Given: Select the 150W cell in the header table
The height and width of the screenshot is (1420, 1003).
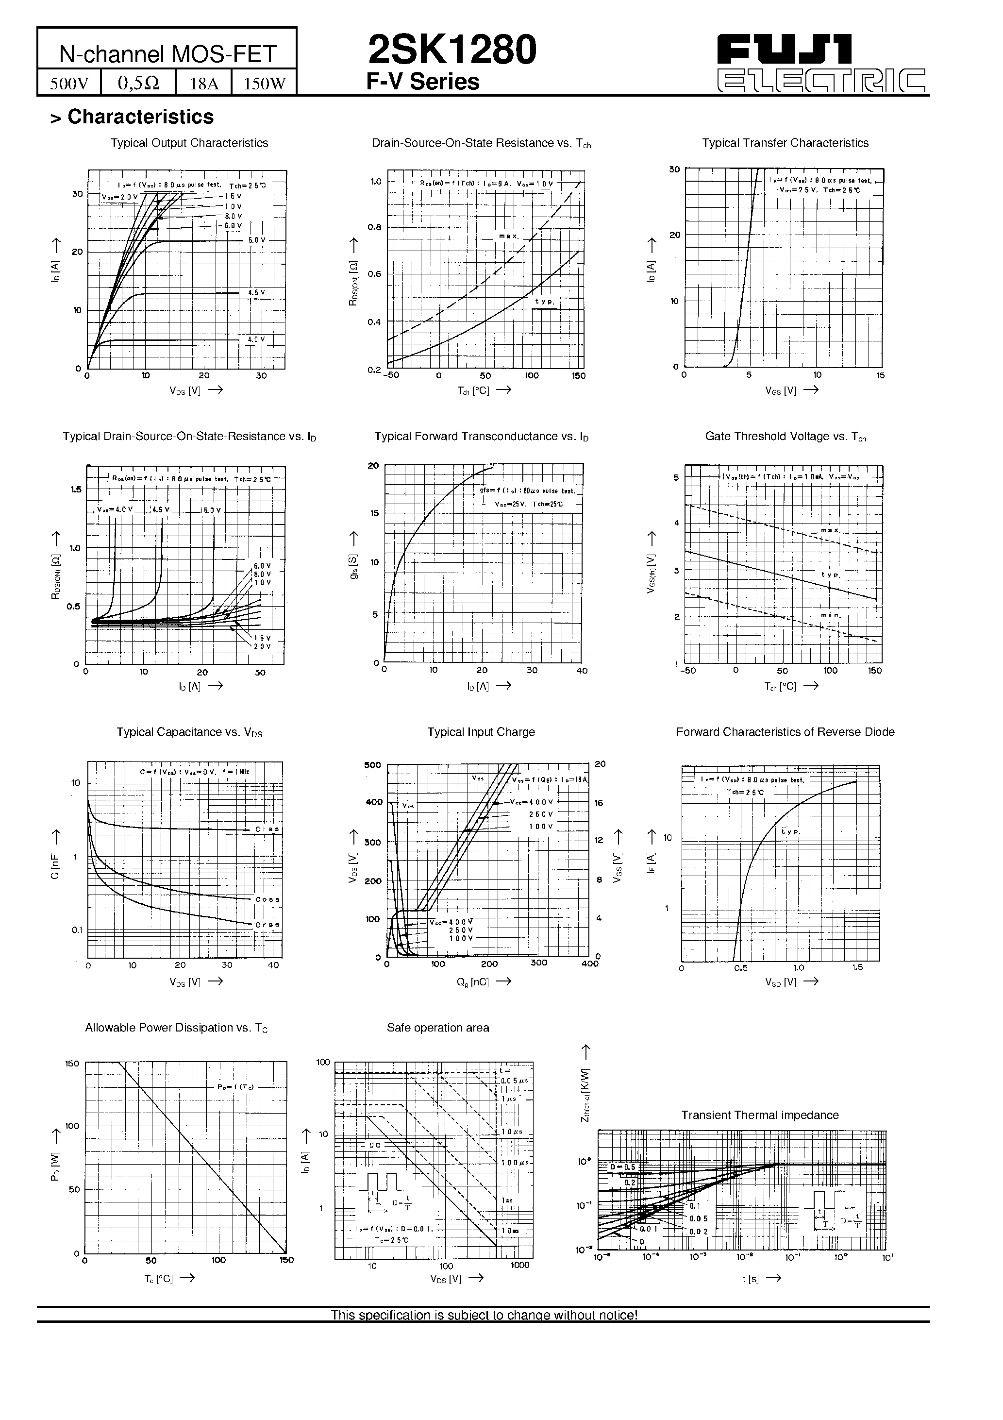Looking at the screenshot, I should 265,83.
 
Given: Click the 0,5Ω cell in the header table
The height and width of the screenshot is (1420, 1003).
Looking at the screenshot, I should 138,83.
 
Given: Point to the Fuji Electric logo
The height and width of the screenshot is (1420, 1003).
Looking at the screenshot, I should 821,64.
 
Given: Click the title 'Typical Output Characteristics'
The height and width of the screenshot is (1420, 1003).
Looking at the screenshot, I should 189,143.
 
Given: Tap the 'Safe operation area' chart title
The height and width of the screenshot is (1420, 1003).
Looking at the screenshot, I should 438,1027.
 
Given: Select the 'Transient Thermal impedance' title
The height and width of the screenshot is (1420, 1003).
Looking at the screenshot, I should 760,1115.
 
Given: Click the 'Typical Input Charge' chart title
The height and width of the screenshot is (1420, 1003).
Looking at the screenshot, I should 481,732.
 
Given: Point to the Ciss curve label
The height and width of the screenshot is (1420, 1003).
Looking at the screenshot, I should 267,829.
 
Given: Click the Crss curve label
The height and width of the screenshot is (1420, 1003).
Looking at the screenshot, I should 267,925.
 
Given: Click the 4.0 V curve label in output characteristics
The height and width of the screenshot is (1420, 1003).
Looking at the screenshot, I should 256,339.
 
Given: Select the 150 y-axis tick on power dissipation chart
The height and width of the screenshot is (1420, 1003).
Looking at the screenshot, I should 72,1063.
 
